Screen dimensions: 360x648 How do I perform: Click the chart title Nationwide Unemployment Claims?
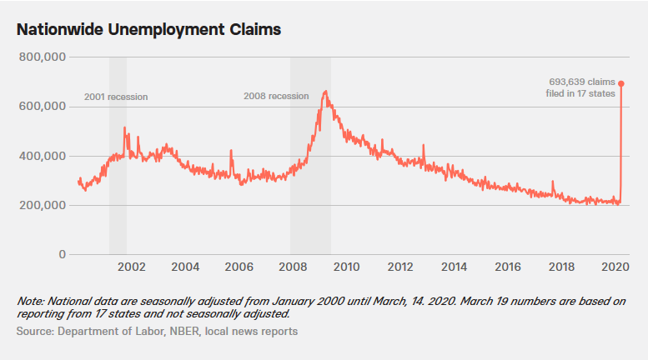click(x=148, y=29)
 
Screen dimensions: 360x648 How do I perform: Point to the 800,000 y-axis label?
click(x=41, y=57)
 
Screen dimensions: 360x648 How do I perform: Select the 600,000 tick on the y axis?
click(x=41, y=107)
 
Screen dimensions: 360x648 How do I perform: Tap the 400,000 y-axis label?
click(x=41, y=156)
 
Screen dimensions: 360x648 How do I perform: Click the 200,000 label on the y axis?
click(x=41, y=205)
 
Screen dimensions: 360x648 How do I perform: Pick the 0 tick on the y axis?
click(x=62, y=254)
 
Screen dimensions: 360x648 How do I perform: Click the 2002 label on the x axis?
click(x=132, y=267)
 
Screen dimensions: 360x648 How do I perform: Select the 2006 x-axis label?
click(x=239, y=267)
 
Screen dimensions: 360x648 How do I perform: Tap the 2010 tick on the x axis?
click(x=346, y=267)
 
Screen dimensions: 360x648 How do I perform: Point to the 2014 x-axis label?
click(x=454, y=267)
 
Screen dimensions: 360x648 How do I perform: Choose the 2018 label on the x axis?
click(x=560, y=267)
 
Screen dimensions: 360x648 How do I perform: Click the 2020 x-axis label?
click(x=614, y=267)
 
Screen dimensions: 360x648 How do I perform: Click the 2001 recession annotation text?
click(x=116, y=97)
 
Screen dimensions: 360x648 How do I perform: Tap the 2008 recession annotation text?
click(x=276, y=96)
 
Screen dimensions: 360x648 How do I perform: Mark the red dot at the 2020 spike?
click(x=621, y=83)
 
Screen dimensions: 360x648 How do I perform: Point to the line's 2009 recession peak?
click(x=324, y=92)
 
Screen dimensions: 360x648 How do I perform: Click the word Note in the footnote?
click(x=30, y=301)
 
